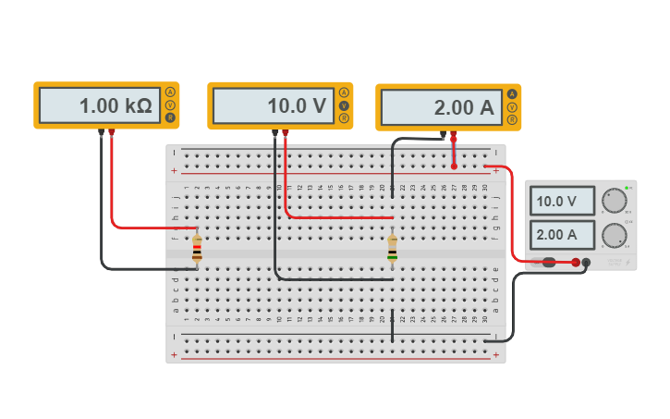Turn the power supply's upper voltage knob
tap(613, 201)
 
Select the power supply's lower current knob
tap(613, 235)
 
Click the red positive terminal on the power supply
tap(575, 263)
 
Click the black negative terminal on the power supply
tap(586, 263)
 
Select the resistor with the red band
tap(197, 248)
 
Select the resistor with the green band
tap(393, 248)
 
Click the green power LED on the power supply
tap(627, 189)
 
